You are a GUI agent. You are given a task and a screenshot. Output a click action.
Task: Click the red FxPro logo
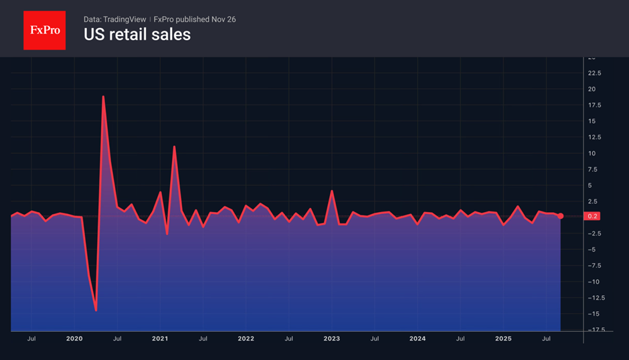pos(44,30)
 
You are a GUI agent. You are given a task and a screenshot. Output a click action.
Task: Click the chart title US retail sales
pos(137,35)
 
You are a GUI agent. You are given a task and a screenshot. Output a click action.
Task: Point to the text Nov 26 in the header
pos(223,19)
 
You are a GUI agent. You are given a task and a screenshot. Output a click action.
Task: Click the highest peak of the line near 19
pos(103,96)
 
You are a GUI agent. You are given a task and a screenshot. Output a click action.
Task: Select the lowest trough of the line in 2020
pos(96,310)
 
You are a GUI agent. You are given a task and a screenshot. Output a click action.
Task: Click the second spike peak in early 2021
pos(174,147)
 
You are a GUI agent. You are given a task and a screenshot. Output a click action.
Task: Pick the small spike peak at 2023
pos(332,191)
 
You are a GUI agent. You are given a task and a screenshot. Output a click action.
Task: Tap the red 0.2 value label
pos(593,216)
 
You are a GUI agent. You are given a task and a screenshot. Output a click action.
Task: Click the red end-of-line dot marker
pos(561,216)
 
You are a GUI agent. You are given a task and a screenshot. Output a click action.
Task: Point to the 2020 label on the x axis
pos(74,339)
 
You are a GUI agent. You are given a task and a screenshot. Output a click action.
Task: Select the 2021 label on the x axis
pos(160,339)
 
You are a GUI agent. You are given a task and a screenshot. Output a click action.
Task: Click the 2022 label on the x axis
pos(246,339)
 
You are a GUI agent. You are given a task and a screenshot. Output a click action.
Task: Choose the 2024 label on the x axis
pos(418,339)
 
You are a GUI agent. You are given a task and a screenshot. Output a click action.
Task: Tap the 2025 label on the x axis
pos(503,339)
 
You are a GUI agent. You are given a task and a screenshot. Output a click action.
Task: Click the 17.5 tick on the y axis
pos(594,105)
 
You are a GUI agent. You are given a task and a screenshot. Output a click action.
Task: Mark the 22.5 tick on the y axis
pos(594,73)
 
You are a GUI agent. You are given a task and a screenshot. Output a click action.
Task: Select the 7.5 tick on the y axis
pos(594,169)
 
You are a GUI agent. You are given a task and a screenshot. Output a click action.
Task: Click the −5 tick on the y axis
pos(592,250)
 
